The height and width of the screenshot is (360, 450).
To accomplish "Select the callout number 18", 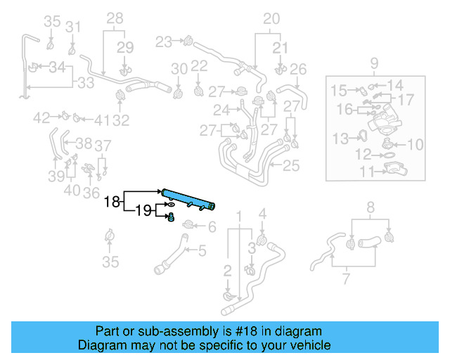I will pyautogui.click(x=112, y=202).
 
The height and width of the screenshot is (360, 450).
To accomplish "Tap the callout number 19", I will pyautogui.click(x=143, y=210).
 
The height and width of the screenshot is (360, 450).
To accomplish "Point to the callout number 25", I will pyautogui.click(x=291, y=167).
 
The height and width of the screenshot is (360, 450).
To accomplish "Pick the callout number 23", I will pyautogui.click(x=164, y=42).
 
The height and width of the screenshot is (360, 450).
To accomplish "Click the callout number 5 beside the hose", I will pyautogui.click(x=202, y=250).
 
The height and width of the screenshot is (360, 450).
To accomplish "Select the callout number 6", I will pyautogui.click(x=212, y=226).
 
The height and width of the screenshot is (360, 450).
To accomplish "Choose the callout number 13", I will pyautogui.click(x=340, y=137).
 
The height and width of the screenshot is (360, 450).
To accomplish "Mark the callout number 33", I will pyautogui.click(x=85, y=82).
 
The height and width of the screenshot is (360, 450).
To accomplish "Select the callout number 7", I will pyautogui.click(x=345, y=281).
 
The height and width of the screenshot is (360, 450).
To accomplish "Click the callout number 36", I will pyautogui.click(x=91, y=192).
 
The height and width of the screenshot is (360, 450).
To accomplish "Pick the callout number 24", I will pyautogui.click(x=221, y=110).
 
